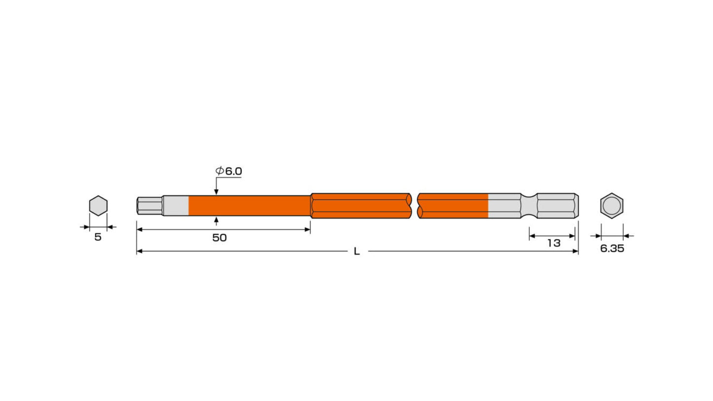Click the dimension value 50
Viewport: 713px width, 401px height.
219,238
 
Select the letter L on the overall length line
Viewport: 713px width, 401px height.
356,252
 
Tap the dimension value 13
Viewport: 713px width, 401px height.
554,243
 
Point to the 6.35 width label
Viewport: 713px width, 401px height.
612,249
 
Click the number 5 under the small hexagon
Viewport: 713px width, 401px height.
98,237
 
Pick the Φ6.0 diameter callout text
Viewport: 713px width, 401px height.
228,171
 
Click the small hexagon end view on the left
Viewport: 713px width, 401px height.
98,206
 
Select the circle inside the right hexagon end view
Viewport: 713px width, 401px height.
611,206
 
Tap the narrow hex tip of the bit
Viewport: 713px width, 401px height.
150,206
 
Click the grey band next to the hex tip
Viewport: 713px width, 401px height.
175,206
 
